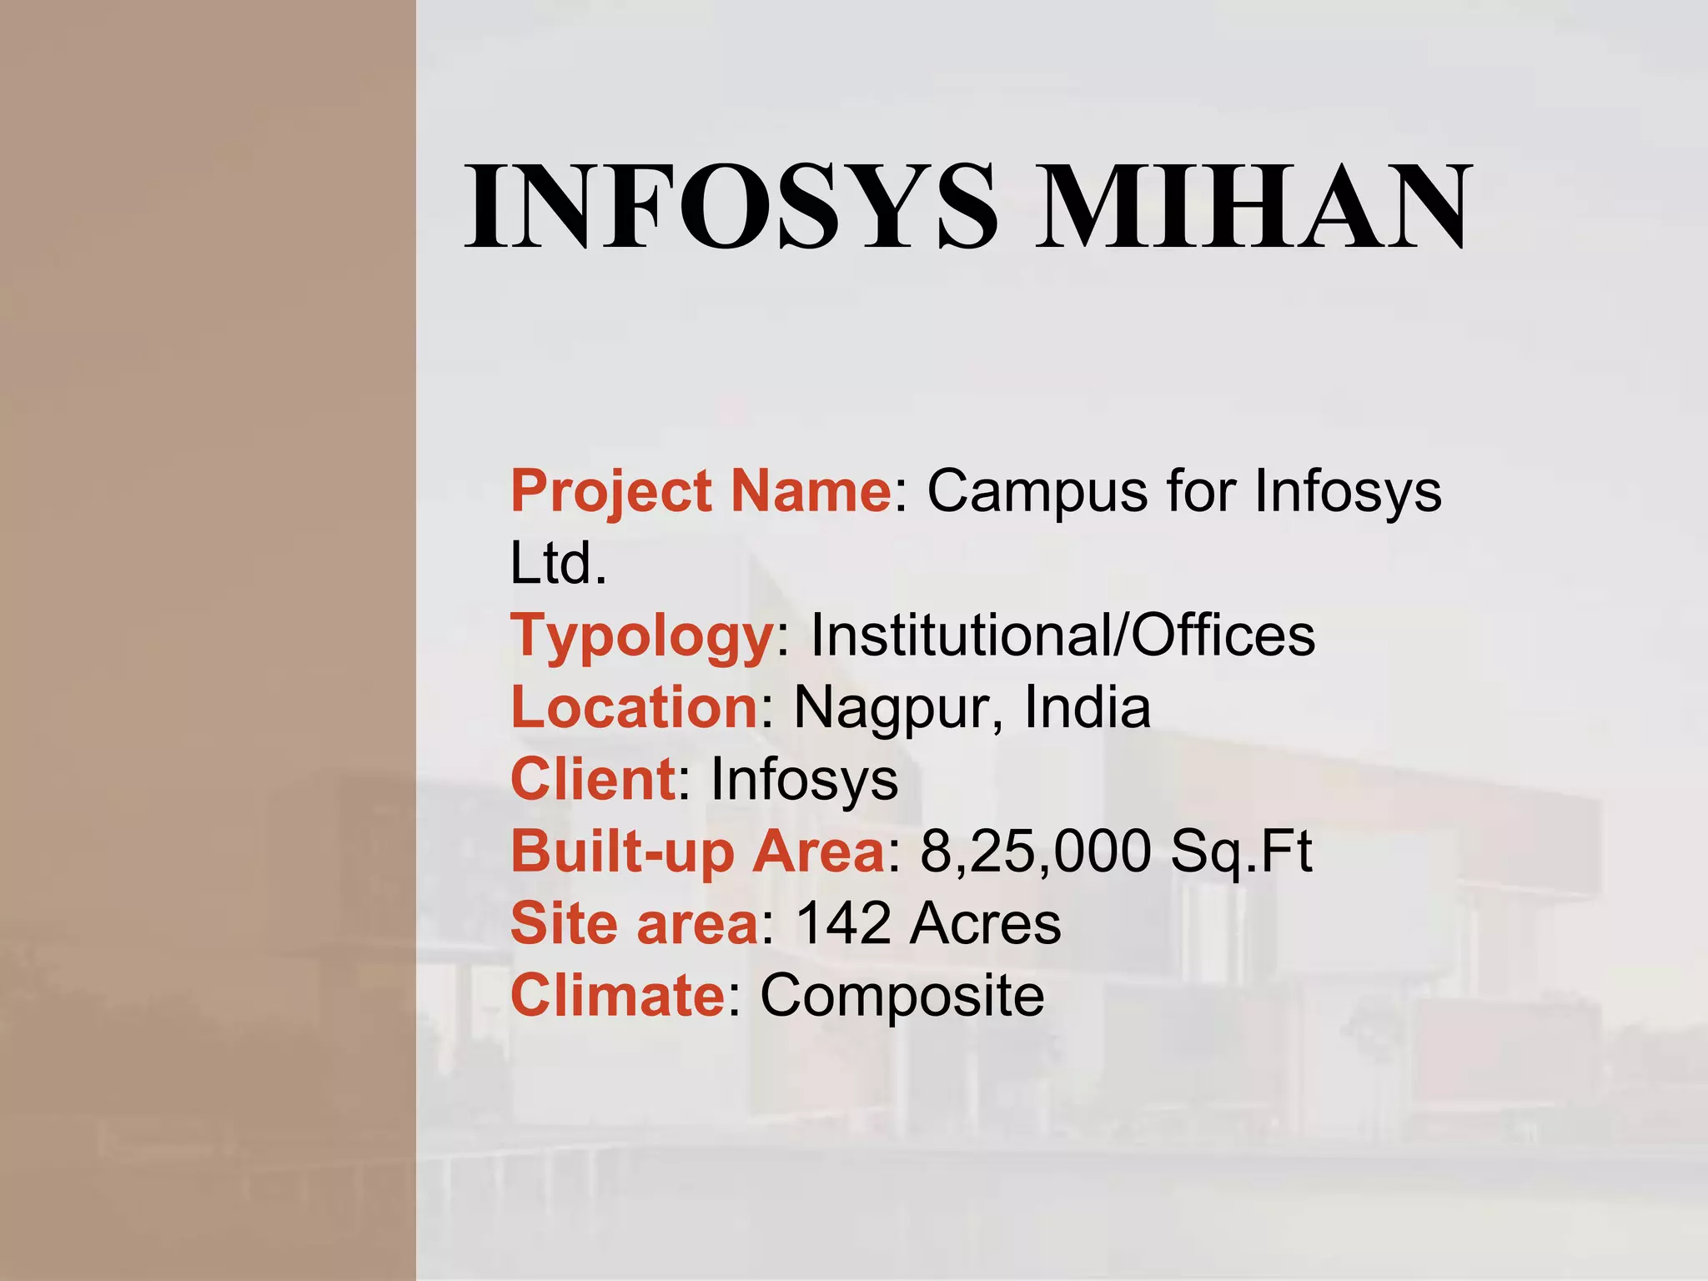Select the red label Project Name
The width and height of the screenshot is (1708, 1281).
(x=701, y=492)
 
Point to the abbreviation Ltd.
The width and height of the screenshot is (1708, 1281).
(x=558, y=564)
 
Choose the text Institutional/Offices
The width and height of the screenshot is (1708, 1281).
(x=1062, y=635)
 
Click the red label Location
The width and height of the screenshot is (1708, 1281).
(x=634, y=707)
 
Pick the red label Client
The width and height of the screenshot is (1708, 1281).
(x=593, y=779)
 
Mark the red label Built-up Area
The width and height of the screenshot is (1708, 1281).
(x=697, y=852)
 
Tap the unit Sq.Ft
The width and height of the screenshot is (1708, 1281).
(x=1241, y=852)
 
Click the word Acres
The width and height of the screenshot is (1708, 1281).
(x=985, y=924)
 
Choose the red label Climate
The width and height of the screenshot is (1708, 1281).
(x=618, y=996)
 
